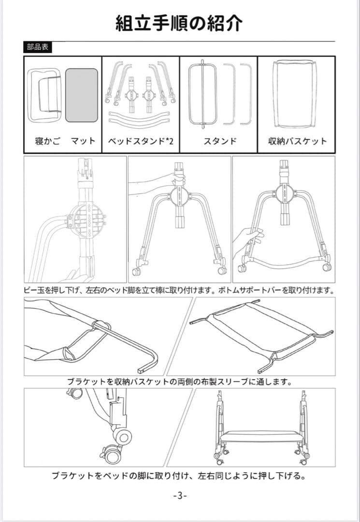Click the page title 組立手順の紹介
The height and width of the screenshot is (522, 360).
pyautogui.click(x=179, y=23)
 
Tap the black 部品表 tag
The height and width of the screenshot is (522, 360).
pyautogui.click(x=37, y=48)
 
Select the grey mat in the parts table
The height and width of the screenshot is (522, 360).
pyautogui.click(x=82, y=95)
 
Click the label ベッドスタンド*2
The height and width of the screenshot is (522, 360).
pyautogui.click(x=141, y=141)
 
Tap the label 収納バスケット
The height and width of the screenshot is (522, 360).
pyautogui.click(x=297, y=141)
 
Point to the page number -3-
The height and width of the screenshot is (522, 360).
pyautogui.click(x=179, y=496)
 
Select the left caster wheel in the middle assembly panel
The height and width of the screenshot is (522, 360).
pyautogui.click(x=136, y=271)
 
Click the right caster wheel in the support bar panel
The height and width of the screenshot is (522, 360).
pyautogui.click(x=327, y=266)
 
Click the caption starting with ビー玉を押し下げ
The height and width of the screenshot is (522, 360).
pyautogui.click(x=179, y=290)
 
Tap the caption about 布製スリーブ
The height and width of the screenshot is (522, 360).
pyautogui.click(x=179, y=382)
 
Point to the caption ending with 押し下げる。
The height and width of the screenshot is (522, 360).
pyautogui.click(x=179, y=476)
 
